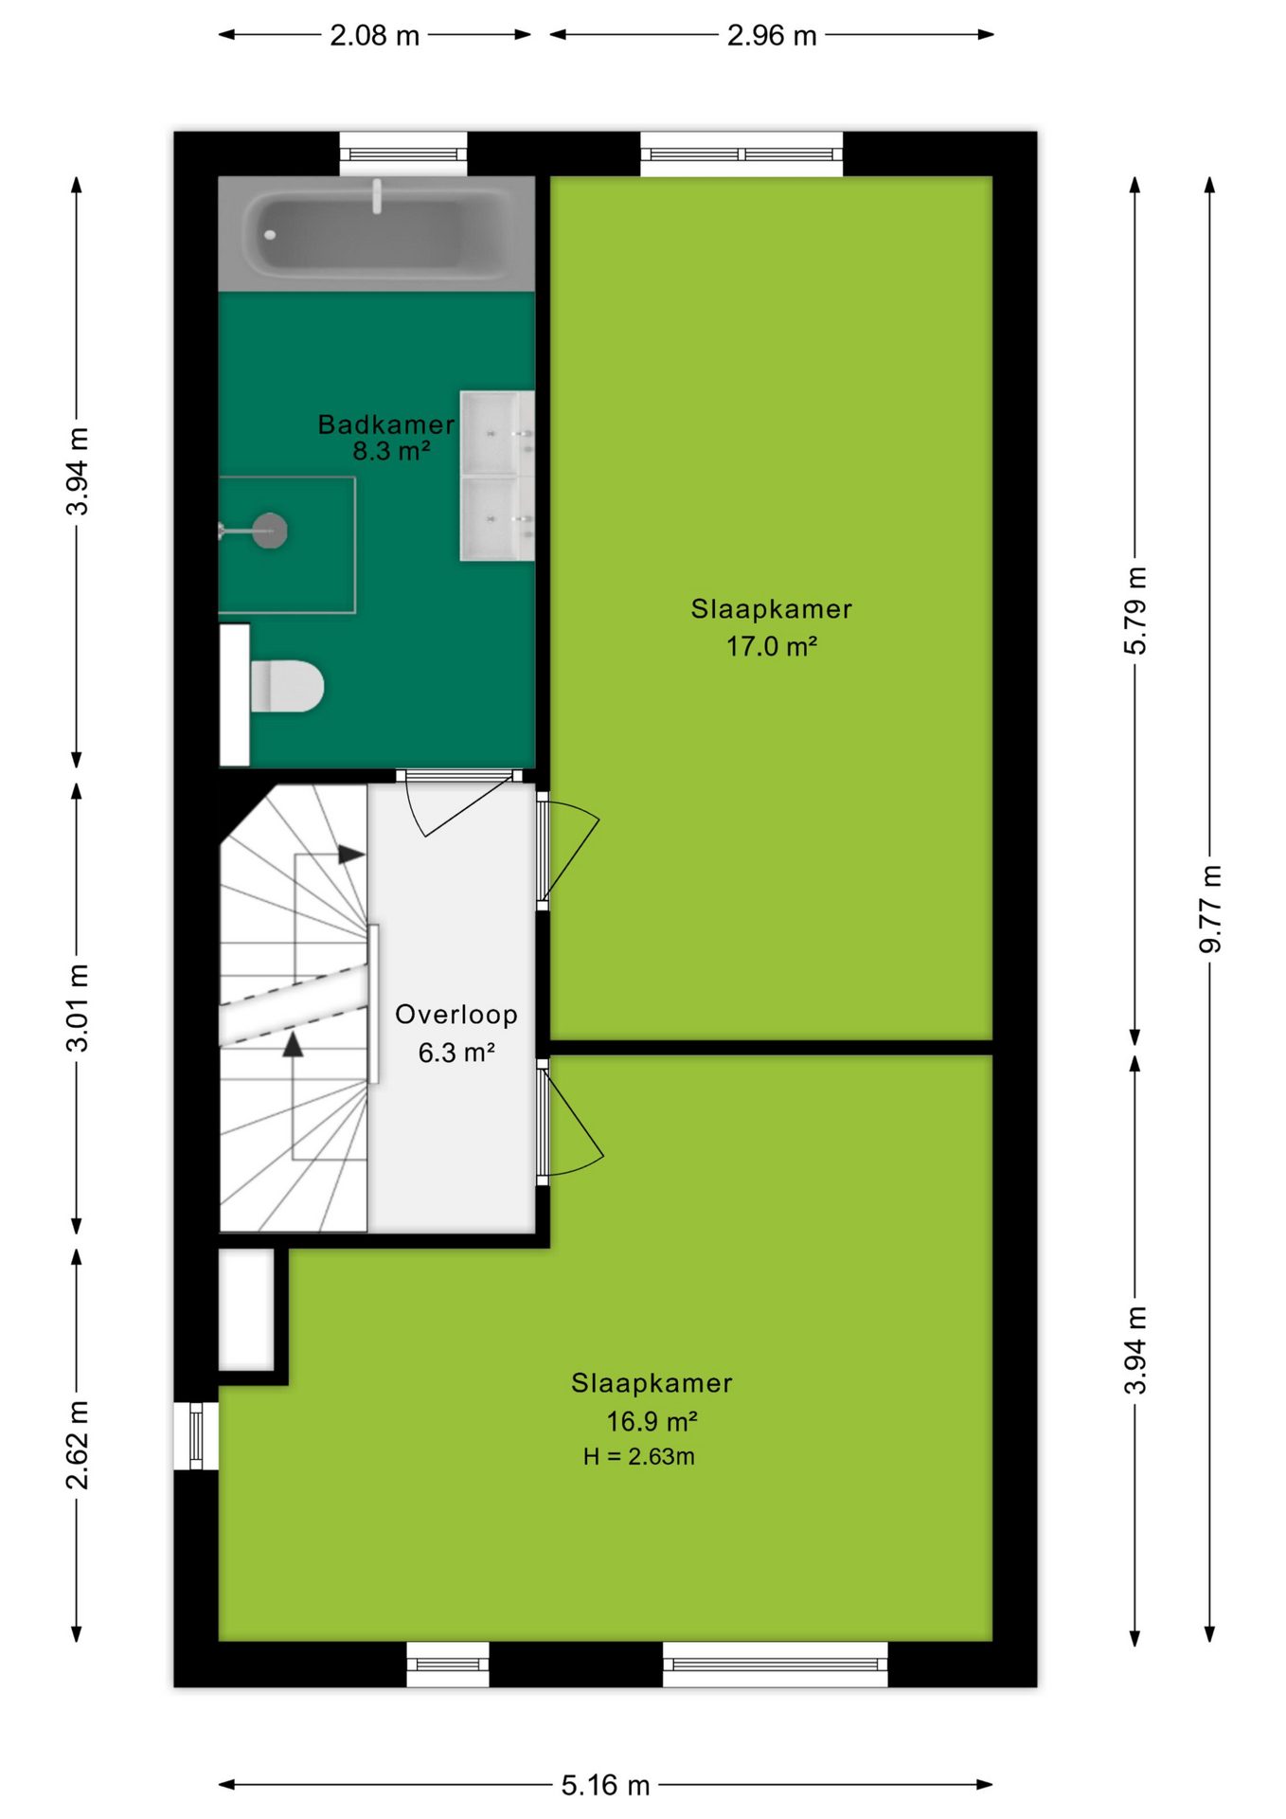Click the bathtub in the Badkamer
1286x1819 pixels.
pyautogui.click(x=376, y=233)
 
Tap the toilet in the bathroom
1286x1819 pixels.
pyautogui.click(x=287, y=686)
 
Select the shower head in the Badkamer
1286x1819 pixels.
pyautogui.click(x=270, y=530)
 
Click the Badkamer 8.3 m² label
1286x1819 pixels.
pyautogui.click(x=386, y=437)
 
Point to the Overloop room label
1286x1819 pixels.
pyautogui.click(x=456, y=1015)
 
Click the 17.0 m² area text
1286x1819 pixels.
pyautogui.click(x=771, y=646)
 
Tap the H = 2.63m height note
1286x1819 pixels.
pyautogui.click(x=639, y=1456)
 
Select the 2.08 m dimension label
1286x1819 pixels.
pyautogui.click(x=374, y=35)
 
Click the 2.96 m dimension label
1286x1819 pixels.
pyautogui.click(x=772, y=35)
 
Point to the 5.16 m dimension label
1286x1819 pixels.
pyautogui.click(x=605, y=1785)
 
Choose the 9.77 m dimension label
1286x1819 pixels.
pyautogui.click(x=1210, y=909)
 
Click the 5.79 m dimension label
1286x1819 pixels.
pyautogui.click(x=1135, y=610)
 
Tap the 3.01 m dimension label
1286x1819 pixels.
pyautogui.click(x=77, y=1007)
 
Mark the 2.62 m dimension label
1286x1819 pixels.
pyautogui.click(x=77, y=1445)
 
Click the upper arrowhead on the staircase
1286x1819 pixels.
pyautogui.click(x=351, y=855)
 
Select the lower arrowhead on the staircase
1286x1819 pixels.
pyautogui.click(x=293, y=1044)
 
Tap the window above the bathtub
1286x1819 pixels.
pyautogui.click(x=403, y=153)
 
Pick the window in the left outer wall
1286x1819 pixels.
pyautogui.click(x=196, y=1435)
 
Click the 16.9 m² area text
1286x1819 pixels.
pyautogui.click(x=652, y=1421)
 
